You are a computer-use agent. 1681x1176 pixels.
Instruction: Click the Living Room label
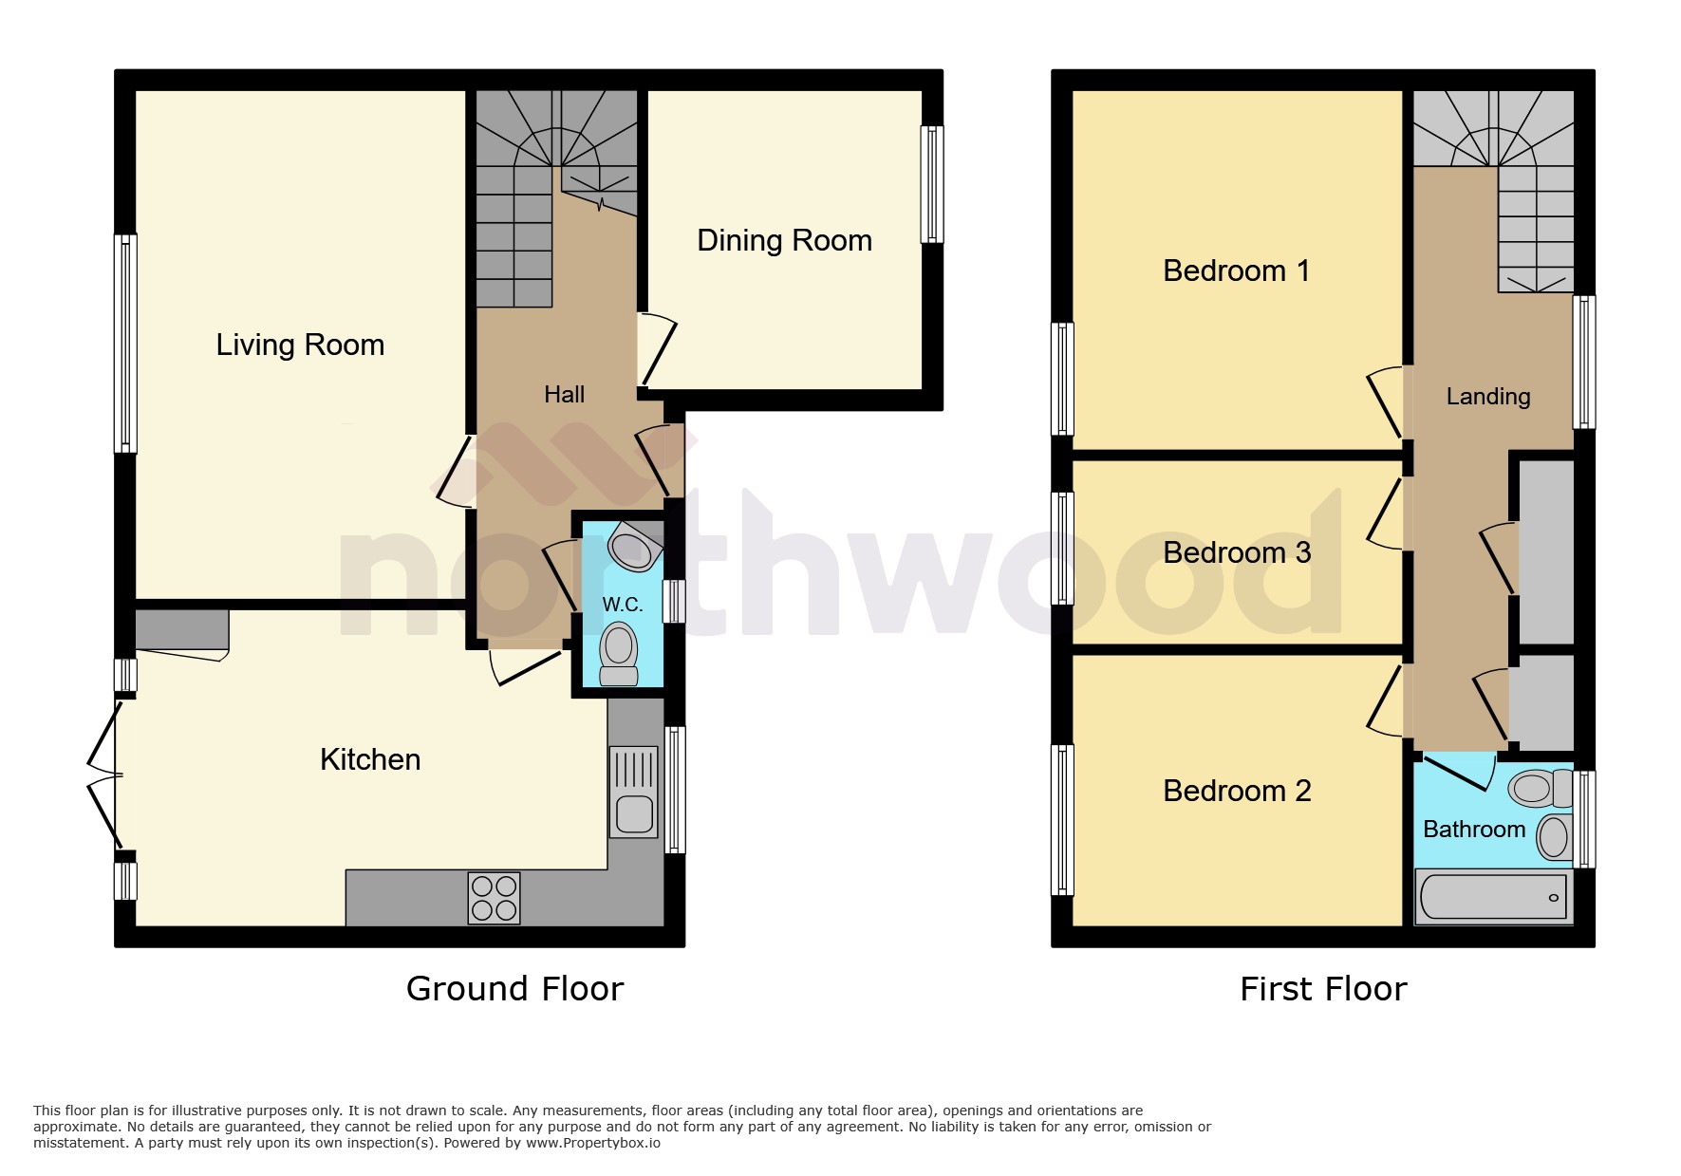click(300, 345)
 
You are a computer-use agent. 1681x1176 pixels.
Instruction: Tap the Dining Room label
click(784, 240)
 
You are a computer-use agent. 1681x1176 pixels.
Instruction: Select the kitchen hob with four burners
click(494, 898)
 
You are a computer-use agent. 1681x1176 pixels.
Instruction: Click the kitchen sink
click(633, 792)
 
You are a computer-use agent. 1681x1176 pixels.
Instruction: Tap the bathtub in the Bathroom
click(1493, 897)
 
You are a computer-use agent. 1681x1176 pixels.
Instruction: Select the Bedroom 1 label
click(1236, 271)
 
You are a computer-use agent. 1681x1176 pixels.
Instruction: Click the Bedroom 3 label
click(1236, 552)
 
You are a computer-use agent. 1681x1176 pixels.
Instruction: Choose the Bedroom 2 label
click(1236, 791)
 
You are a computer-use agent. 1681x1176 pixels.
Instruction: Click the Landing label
click(1487, 397)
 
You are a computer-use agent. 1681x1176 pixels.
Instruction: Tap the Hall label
click(564, 395)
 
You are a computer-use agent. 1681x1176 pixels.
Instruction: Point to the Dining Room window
click(933, 184)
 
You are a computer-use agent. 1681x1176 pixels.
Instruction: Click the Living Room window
click(125, 343)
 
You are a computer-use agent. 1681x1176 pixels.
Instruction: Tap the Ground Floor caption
click(514, 989)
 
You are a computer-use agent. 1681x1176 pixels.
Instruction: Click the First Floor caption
click(1323, 989)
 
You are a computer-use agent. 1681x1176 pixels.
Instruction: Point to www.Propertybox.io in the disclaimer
click(592, 1143)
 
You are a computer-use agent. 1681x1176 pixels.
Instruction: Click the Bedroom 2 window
click(1063, 820)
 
